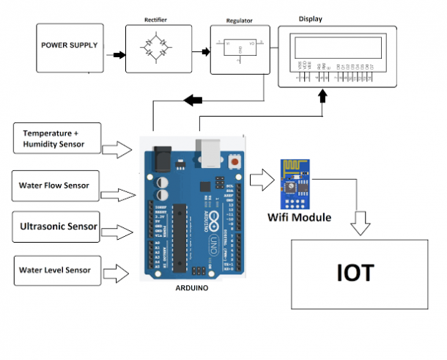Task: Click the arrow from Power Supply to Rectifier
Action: pyautogui.click(x=117, y=54)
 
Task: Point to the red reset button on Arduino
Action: pyautogui.click(x=234, y=161)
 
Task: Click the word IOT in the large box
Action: pyautogui.click(x=355, y=273)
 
